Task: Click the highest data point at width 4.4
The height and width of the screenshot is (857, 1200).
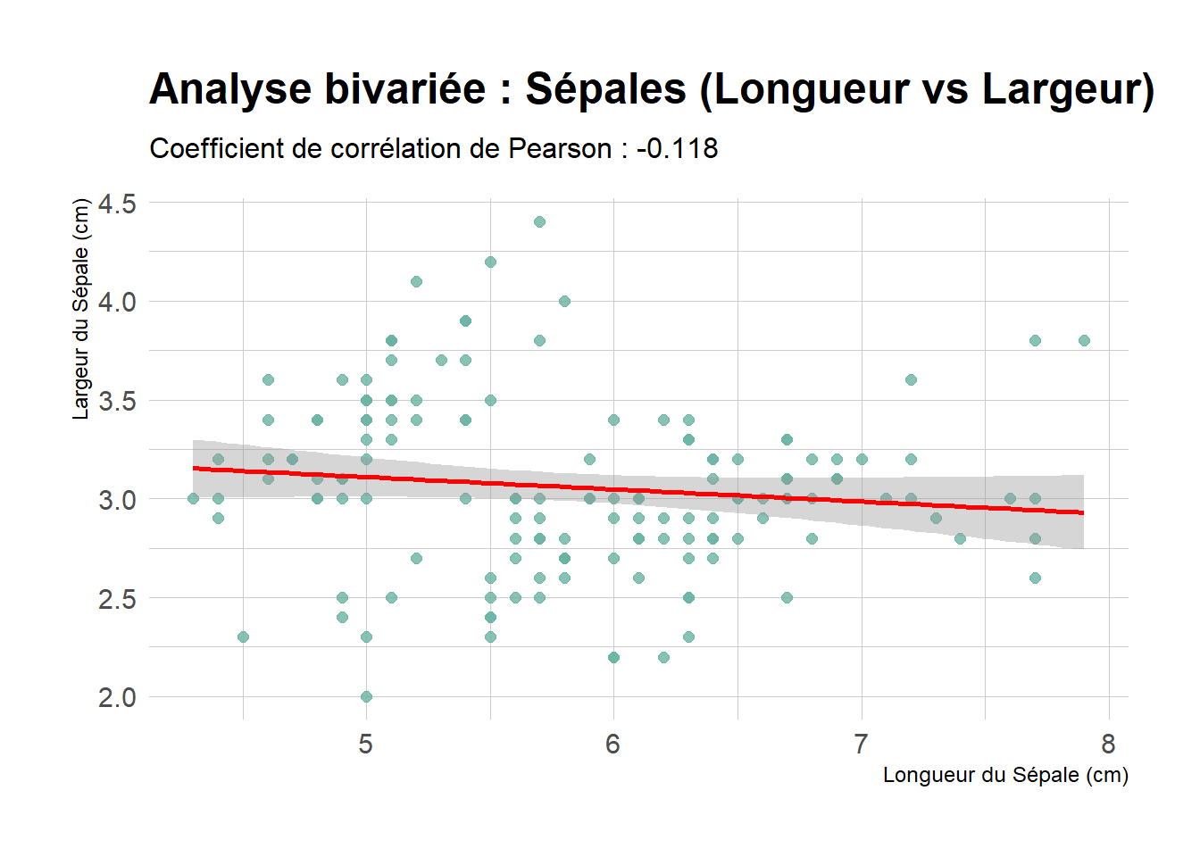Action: coord(539,221)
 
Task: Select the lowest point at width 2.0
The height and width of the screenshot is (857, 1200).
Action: coord(366,696)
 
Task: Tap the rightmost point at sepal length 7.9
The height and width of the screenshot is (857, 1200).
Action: coord(1084,340)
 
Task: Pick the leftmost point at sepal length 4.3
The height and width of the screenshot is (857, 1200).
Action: coord(193,498)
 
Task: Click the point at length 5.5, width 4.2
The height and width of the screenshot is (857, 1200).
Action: coord(490,262)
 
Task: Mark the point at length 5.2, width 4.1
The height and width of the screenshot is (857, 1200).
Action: coord(416,281)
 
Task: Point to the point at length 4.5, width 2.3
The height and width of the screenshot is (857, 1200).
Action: coord(243,637)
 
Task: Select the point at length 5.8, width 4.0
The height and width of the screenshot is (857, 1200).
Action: coord(564,301)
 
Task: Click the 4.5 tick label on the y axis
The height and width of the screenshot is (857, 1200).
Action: coord(117,204)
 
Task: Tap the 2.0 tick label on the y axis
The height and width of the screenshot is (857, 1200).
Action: coord(117,697)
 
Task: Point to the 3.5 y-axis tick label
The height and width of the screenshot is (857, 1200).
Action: coord(117,401)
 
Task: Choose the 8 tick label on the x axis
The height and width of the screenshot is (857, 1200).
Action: coord(1108,744)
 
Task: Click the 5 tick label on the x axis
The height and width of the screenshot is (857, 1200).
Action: coord(366,744)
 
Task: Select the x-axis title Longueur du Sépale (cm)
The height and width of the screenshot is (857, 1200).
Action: coord(1005,775)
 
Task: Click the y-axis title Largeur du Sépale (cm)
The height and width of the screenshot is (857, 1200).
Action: coord(81,309)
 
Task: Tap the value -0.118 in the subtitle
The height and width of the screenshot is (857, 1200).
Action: coord(677,148)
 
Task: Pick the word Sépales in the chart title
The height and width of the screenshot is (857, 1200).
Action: coord(605,89)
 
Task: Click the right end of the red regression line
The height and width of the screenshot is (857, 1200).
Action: coord(1082,512)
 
